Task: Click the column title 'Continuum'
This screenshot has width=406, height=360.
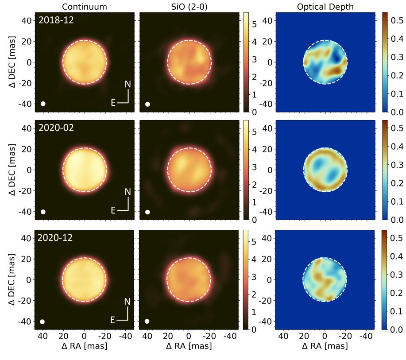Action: click(x=84, y=6)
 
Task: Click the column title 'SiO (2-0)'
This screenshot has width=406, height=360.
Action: click(x=189, y=6)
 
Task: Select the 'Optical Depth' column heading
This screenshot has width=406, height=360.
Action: click(x=325, y=6)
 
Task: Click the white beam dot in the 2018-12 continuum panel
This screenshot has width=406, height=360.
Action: click(x=43, y=104)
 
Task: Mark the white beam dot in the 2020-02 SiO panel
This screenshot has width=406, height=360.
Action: click(x=147, y=212)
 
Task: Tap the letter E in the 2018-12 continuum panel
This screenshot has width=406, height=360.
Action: click(x=113, y=103)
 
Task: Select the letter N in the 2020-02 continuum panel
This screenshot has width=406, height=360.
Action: click(x=128, y=192)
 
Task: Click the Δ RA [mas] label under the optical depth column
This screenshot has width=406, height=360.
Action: click(x=325, y=346)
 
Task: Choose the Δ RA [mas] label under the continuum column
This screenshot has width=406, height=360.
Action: click(x=84, y=346)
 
